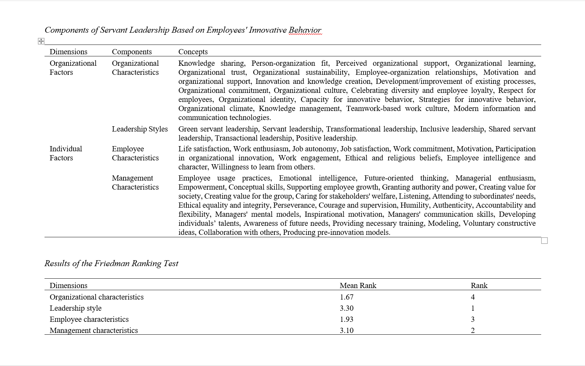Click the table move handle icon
[x=41, y=41]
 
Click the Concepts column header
[x=193, y=51]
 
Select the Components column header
[x=131, y=51]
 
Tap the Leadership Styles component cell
[x=139, y=129]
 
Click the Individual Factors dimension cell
[x=66, y=153]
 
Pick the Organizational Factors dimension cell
[x=73, y=67]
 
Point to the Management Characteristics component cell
[x=135, y=182]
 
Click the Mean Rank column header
[x=358, y=285]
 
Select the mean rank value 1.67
[x=346, y=297]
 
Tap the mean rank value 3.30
[x=346, y=308]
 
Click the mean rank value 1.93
[x=346, y=319]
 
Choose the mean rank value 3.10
[x=346, y=331]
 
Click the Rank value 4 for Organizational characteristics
[x=473, y=297]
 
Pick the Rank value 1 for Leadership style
[x=473, y=308]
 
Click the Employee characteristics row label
[x=89, y=319]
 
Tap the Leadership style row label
[x=75, y=308]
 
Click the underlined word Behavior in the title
[x=305, y=30]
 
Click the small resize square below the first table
[x=544, y=240]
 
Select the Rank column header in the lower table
[x=479, y=285]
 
